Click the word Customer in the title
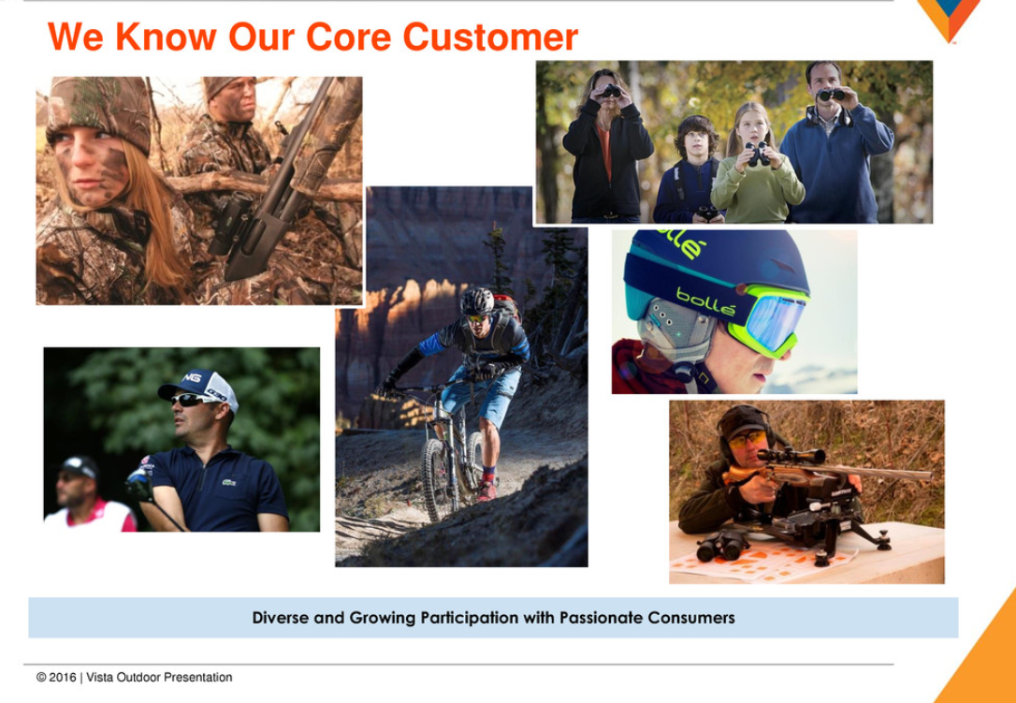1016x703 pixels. point(490,37)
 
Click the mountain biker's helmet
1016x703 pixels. point(477,300)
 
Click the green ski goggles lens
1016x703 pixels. point(775,322)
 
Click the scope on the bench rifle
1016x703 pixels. point(791,456)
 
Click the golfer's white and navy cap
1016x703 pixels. point(199,388)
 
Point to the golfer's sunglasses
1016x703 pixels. point(190,400)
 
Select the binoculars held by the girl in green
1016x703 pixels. point(757,154)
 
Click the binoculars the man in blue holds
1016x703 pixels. point(832,95)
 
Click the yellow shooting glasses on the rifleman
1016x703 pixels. point(746,440)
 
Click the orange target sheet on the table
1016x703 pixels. point(764,562)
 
